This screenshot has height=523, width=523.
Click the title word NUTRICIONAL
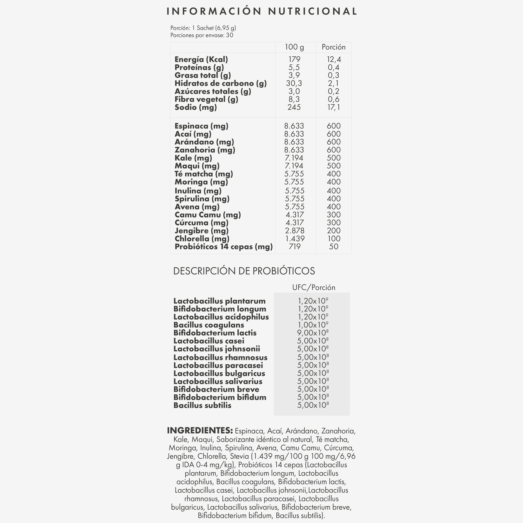click(313, 11)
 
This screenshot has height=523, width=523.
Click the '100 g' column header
click(294, 47)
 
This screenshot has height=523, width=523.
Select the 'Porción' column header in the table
click(334, 47)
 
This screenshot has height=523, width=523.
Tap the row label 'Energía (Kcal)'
click(201, 59)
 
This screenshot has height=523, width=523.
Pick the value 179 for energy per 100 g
click(294, 59)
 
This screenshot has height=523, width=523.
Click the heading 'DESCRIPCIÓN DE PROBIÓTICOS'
click(244, 271)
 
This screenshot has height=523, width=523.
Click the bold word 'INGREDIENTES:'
click(200, 431)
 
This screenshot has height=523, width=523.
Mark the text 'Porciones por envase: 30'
click(202, 35)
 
